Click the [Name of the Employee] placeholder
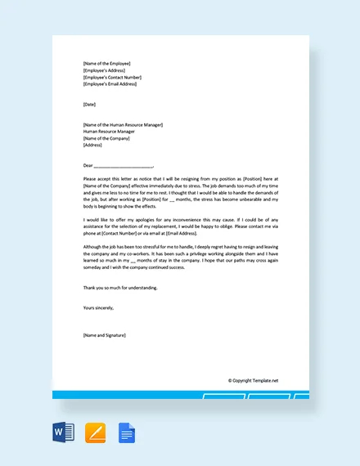(106, 63)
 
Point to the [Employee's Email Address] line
(110, 83)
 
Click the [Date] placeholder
(89, 104)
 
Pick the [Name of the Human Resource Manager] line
(123, 124)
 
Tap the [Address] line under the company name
(92, 145)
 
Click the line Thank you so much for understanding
(120, 287)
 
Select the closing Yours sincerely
(99, 307)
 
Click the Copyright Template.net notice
(253, 380)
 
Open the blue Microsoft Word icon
(63, 432)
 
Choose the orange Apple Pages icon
(96, 432)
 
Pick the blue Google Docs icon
(127, 432)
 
